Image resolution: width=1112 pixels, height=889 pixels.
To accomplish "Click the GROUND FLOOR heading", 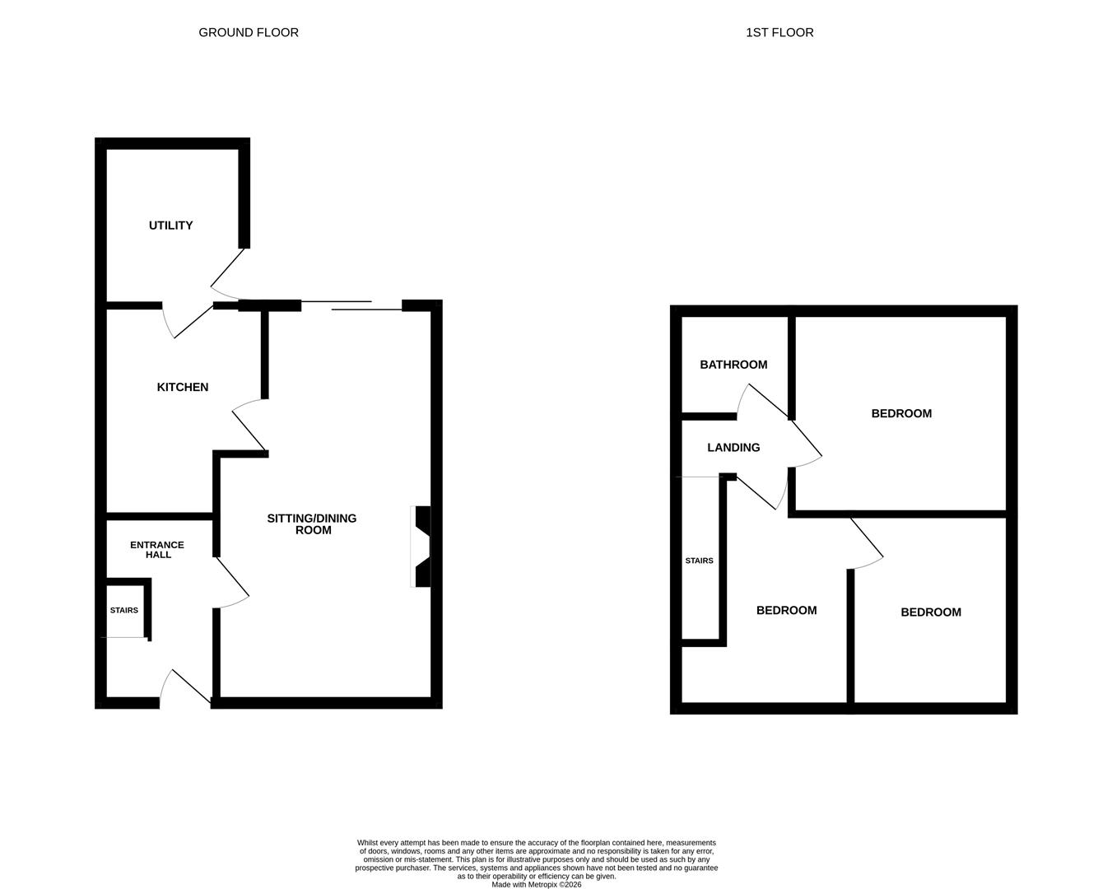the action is pyautogui.click(x=249, y=33).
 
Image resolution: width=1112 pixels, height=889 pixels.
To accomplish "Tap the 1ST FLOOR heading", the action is pyautogui.click(x=779, y=33).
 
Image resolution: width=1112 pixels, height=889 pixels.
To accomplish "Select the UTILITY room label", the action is pyautogui.click(x=170, y=226).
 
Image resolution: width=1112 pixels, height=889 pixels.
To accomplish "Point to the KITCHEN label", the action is pyautogui.click(x=183, y=387).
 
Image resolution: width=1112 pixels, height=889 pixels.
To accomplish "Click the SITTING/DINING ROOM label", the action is pyautogui.click(x=312, y=524).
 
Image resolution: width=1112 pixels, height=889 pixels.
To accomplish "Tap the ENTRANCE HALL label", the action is pyautogui.click(x=157, y=549).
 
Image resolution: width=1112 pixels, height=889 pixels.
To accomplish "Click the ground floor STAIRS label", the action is pyautogui.click(x=124, y=611).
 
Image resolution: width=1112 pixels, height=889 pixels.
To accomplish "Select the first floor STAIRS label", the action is pyautogui.click(x=699, y=561).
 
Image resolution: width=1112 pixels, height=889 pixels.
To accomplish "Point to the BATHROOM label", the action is pyautogui.click(x=733, y=365).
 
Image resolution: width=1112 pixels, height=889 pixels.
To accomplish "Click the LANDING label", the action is pyautogui.click(x=733, y=448).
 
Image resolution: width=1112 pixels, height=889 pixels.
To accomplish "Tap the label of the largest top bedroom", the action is pyautogui.click(x=901, y=413).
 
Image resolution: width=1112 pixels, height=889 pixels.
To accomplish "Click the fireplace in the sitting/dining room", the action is pyautogui.click(x=421, y=547).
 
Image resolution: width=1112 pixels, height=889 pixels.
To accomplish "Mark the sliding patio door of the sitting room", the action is pyautogui.click(x=351, y=305).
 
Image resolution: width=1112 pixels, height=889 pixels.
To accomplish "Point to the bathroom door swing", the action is pyautogui.click(x=763, y=401).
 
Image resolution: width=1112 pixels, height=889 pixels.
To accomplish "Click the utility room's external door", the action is pyautogui.click(x=227, y=274).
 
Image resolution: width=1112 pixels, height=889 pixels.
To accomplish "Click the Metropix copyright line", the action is pyautogui.click(x=537, y=884).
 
